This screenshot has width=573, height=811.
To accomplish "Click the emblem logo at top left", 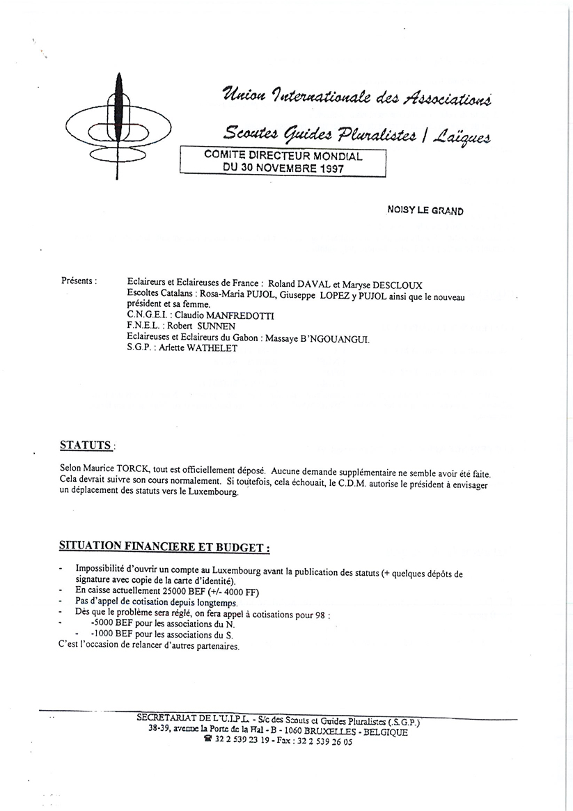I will (x=118, y=126).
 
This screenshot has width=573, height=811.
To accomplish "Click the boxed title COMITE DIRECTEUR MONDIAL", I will (x=283, y=156).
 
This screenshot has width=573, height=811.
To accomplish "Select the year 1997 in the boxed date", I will (x=327, y=168).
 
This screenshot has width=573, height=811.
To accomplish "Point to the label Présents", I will (x=79, y=281).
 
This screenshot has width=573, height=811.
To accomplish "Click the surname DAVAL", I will (x=303, y=285).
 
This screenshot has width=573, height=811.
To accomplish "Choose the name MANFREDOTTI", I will (x=217, y=316).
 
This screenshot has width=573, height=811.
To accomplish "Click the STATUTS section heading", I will (x=86, y=444).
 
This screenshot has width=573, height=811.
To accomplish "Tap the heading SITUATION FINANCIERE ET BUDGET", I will (x=164, y=547).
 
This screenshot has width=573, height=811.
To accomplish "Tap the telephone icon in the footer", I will (x=207, y=742).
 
